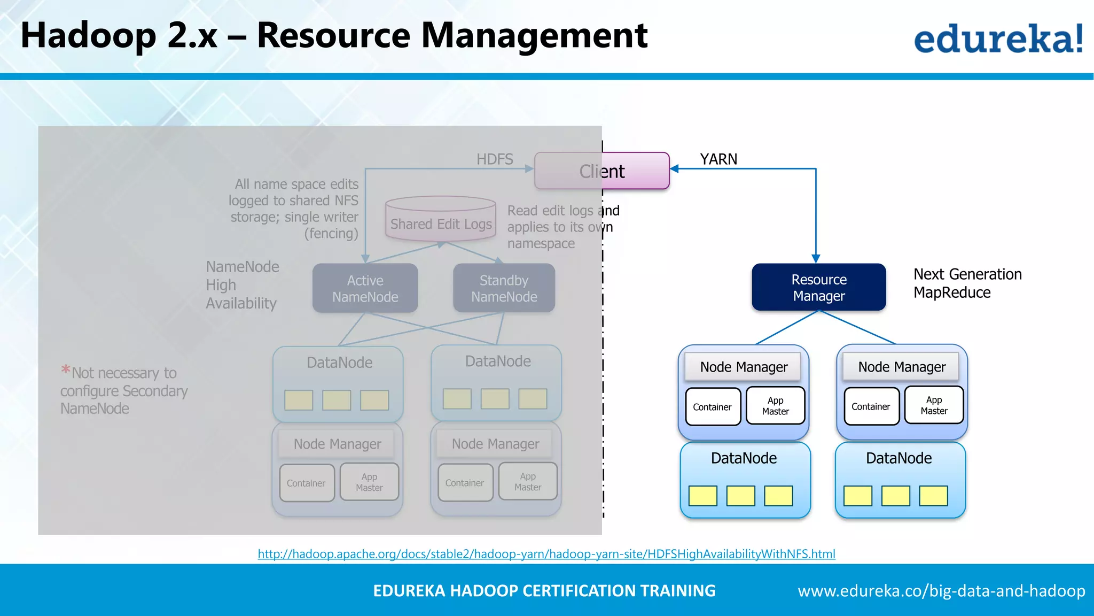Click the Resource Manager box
pos(818,287)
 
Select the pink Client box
pos(602,171)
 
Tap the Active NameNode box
pos(365,288)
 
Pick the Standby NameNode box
pos(504,288)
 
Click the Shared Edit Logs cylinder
pos(441,219)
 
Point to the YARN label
pos(718,159)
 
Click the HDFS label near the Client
pos(495,159)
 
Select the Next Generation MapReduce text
pos(967,283)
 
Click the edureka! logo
pos(998,38)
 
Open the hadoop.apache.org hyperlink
pos(546,554)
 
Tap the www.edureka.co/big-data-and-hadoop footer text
pos(941,591)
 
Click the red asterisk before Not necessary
pos(66,369)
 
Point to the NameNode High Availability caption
pos(242,285)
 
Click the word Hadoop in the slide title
pos(89,36)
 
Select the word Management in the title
pos(534,36)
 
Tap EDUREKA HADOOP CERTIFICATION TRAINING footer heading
pos(544,591)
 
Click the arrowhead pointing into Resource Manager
pos(816,259)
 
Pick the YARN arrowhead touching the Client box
pos(675,169)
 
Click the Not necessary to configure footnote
pos(124,391)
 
